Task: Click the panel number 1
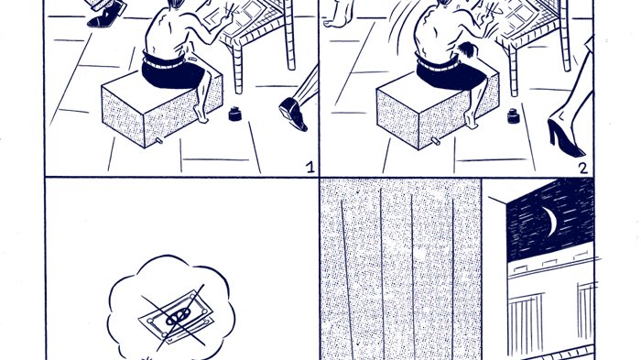point(310,168)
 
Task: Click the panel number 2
point(583,169)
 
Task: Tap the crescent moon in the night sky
point(550,222)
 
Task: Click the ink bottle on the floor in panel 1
point(235,114)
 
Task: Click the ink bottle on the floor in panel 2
point(513,115)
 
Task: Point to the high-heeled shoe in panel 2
point(565,137)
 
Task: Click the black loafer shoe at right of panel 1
point(293,115)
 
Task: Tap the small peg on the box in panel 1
point(158,141)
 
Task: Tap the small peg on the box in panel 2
point(436,142)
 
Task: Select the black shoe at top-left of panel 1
point(106,16)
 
